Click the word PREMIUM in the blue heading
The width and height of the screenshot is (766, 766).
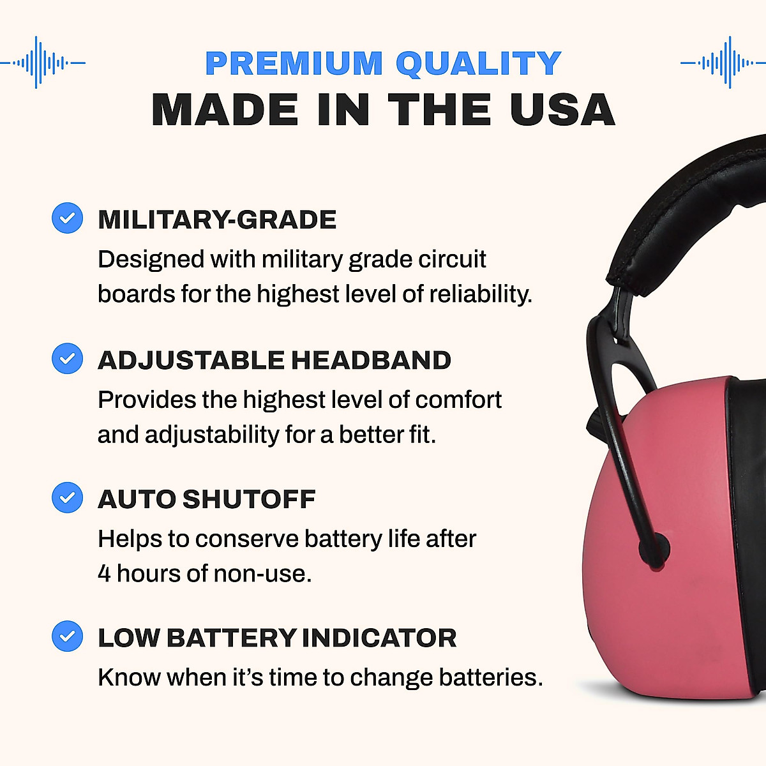[294, 63]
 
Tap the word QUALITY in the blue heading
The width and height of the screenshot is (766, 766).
[478, 63]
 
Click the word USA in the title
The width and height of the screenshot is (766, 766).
[562, 110]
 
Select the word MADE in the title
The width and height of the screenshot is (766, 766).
[225, 110]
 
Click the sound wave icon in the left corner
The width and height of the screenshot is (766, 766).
[43, 63]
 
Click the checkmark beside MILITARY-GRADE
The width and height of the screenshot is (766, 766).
[67, 218]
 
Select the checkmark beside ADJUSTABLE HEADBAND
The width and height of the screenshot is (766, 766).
[67, 358]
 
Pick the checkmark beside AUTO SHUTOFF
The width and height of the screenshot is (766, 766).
[67, 497]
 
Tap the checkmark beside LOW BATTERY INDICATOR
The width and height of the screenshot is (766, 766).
[67, 636]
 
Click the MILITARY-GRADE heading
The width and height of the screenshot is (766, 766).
[217, 220]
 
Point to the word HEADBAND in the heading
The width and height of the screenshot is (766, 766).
[371, 360]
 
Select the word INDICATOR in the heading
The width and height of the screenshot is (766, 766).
[379, 638]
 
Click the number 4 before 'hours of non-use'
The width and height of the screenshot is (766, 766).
[104, 573]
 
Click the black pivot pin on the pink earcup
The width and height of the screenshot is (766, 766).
[656, 548]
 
